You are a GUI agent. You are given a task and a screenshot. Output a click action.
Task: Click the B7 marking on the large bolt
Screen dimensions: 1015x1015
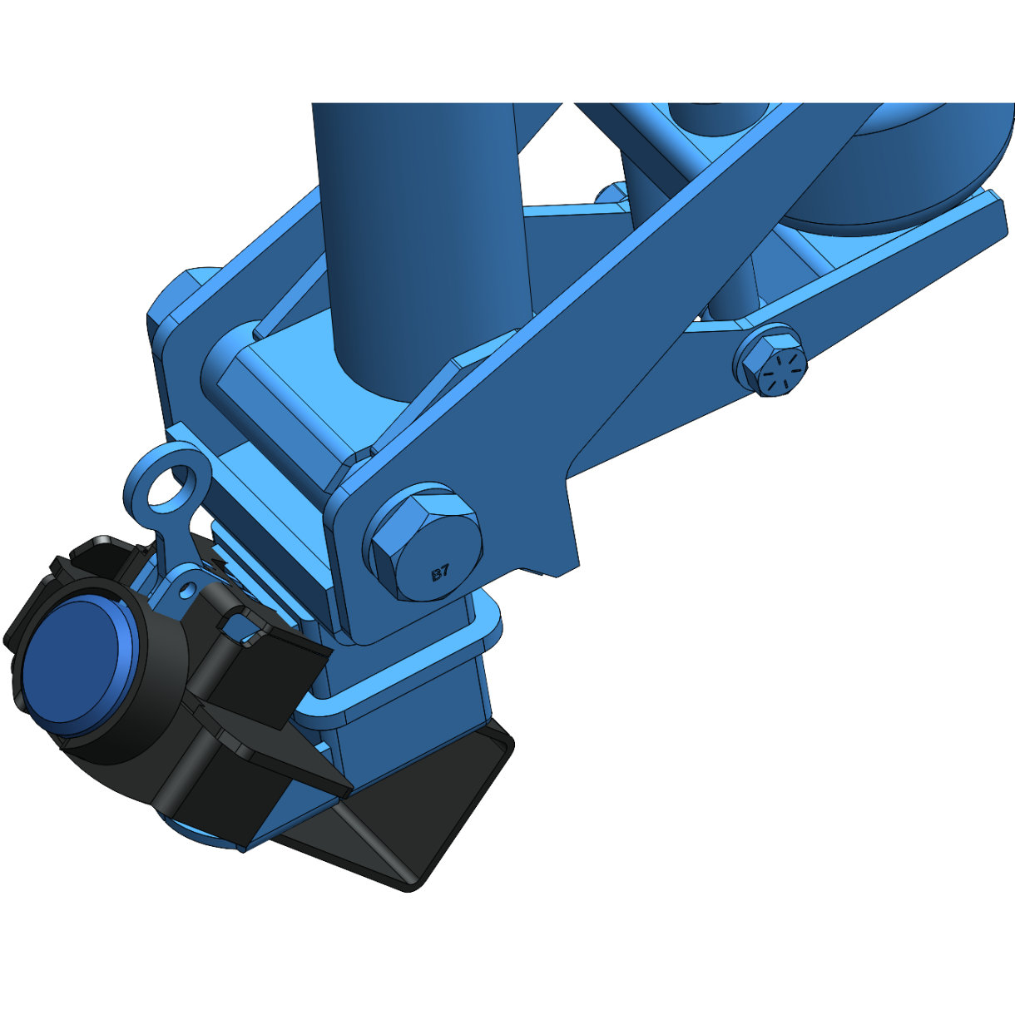440,572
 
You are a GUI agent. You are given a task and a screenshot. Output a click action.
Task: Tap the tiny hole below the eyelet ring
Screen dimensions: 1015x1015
187,589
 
